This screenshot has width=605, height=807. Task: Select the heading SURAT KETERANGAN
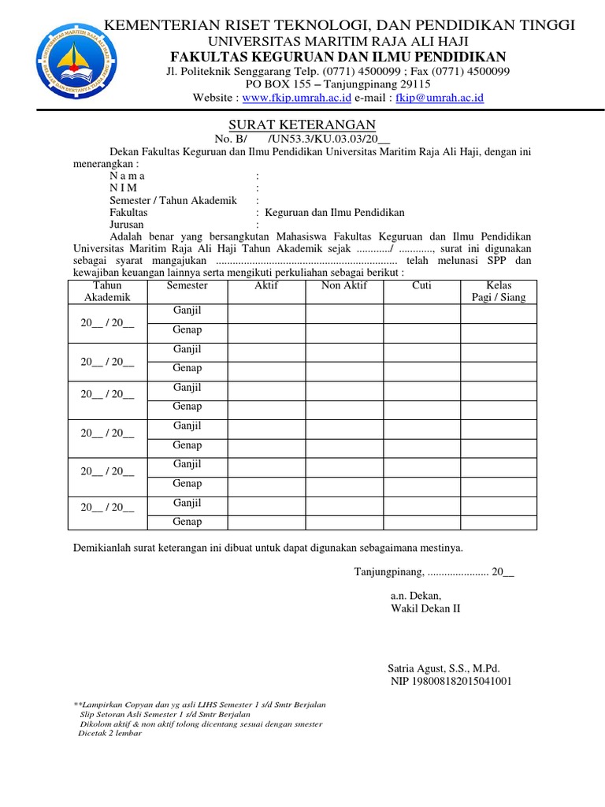tap(302, 125)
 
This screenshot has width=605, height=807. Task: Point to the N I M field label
tap(124, 188)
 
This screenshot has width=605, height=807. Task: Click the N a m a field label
tap(128, 176)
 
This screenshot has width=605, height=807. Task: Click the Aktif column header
tap(266, 285)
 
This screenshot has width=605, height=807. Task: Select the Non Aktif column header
tap(344, 285)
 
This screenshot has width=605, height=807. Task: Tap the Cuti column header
tap(421, 285)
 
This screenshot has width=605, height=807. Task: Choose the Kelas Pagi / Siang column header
tap(499, 291)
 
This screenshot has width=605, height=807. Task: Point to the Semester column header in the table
tap(187, 285)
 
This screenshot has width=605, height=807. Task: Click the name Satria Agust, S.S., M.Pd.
tap(444, 667)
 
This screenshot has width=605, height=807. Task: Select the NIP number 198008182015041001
tap(451, 681)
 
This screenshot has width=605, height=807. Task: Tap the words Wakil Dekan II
tap(425, 608)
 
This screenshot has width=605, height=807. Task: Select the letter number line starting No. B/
tap(302, 139)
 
